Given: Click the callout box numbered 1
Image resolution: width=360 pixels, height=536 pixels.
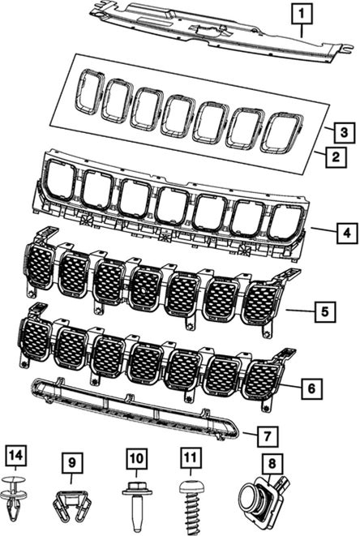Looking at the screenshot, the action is [302, 14].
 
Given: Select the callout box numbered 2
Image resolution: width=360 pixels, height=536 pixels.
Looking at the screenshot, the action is [336, 157].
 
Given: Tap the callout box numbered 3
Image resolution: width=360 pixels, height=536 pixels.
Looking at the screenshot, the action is [345, 132].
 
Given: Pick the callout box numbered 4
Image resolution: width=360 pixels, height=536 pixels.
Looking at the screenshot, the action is [347, 234].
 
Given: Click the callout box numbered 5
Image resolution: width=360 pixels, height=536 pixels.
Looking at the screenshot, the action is [325, 311].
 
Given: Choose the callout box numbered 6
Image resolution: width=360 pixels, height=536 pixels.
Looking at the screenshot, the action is [312, 388].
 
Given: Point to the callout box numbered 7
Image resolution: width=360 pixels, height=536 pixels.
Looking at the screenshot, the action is [268, 436].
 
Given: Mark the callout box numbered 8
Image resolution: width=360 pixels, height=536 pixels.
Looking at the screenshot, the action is [272, 464].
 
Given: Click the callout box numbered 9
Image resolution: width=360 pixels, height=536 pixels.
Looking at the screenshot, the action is [72, 462].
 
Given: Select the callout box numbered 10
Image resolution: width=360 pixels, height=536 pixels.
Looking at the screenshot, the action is [136, 458].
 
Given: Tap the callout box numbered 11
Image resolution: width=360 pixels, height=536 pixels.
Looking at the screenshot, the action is [191, 458].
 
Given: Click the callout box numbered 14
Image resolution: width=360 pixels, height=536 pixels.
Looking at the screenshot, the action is [15, 456].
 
